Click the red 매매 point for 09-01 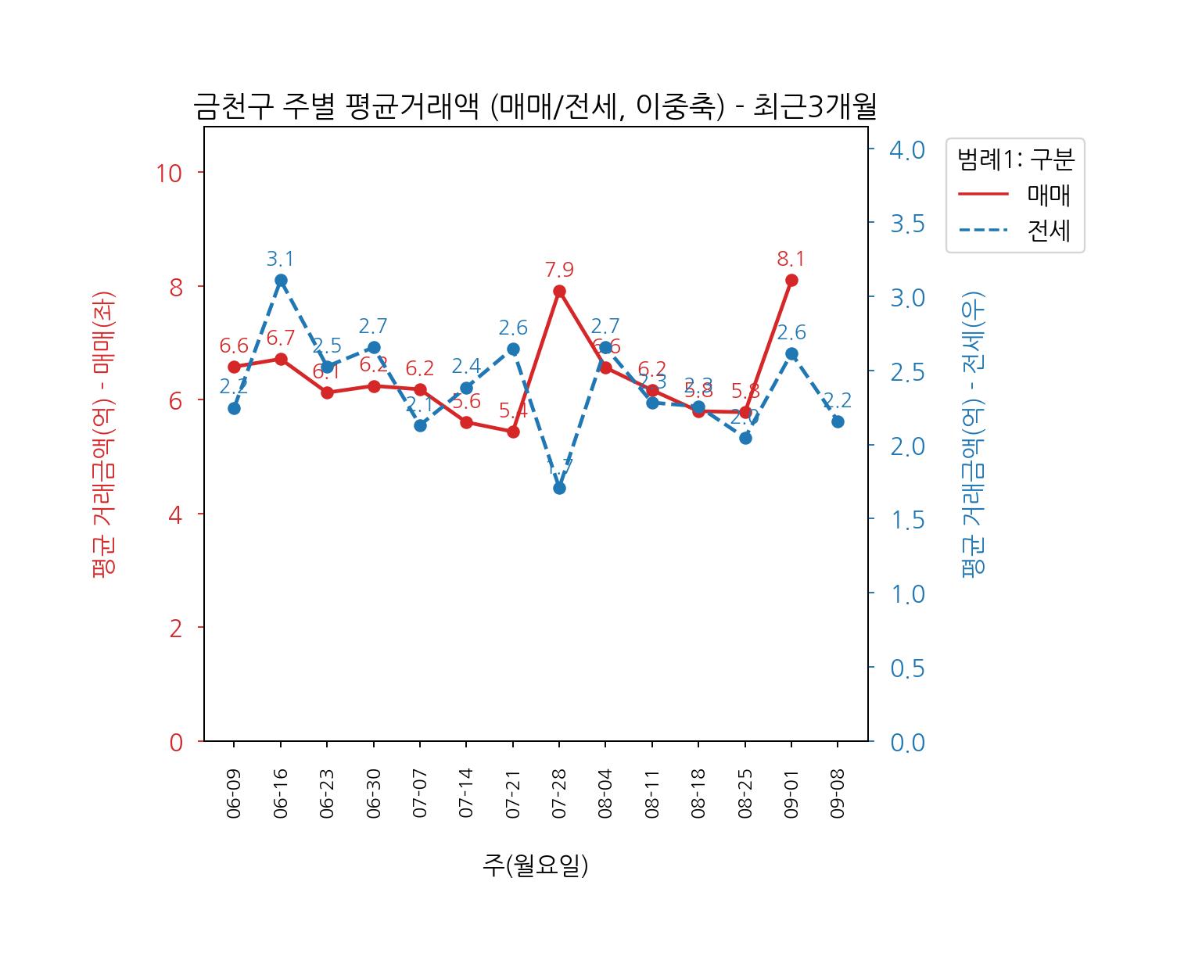[791, 280]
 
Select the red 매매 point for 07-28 [559, 291]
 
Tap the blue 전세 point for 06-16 [281, 280]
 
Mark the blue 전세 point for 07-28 [559, 488]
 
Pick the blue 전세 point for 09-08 [838, 421]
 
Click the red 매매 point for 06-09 [234, 367]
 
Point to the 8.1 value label [791, 259]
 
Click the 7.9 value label [559, 270]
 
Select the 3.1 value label [280, 259]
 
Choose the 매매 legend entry [1048, 195]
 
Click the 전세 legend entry [1048, 231]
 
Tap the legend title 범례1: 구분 [1015, 159]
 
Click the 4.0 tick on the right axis [907, 149]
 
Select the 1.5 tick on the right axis [907, 520]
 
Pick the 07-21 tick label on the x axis [513, 794]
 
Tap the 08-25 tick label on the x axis [745, 794]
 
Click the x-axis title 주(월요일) [536, 865]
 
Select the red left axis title [103, 434]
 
